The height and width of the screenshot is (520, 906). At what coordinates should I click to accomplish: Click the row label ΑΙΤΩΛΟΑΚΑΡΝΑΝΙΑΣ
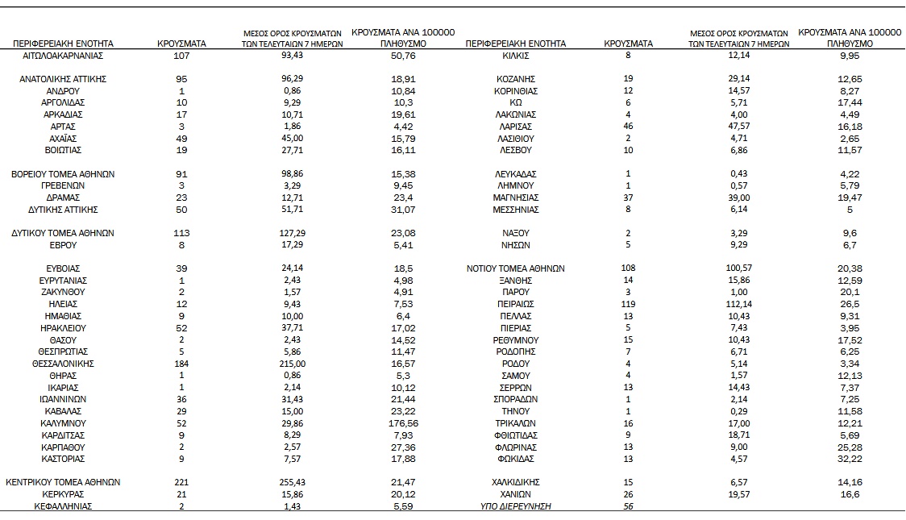click(x=63, y=56)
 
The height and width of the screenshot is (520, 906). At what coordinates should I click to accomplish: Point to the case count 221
click(x=181, y=482)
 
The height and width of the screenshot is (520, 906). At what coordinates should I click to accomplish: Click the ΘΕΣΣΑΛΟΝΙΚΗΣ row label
click(x=63, y=364)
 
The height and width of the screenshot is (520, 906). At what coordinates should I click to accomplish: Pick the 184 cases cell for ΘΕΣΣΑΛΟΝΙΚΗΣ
click(x=181, y=364)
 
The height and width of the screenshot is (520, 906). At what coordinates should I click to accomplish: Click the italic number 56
click(x=629, y=506)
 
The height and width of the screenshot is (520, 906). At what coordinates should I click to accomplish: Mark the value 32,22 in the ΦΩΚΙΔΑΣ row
click(x=850, y=459)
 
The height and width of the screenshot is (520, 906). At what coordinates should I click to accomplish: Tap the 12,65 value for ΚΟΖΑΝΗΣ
click(x=850, y=79)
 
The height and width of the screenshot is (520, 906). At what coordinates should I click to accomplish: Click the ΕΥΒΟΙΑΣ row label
click(x=63, y=268)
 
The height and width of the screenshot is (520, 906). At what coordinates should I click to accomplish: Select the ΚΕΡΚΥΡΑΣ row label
click(x=63, y=494)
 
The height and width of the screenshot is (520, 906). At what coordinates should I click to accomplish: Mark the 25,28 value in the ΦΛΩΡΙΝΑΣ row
click(x=850, y=447)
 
